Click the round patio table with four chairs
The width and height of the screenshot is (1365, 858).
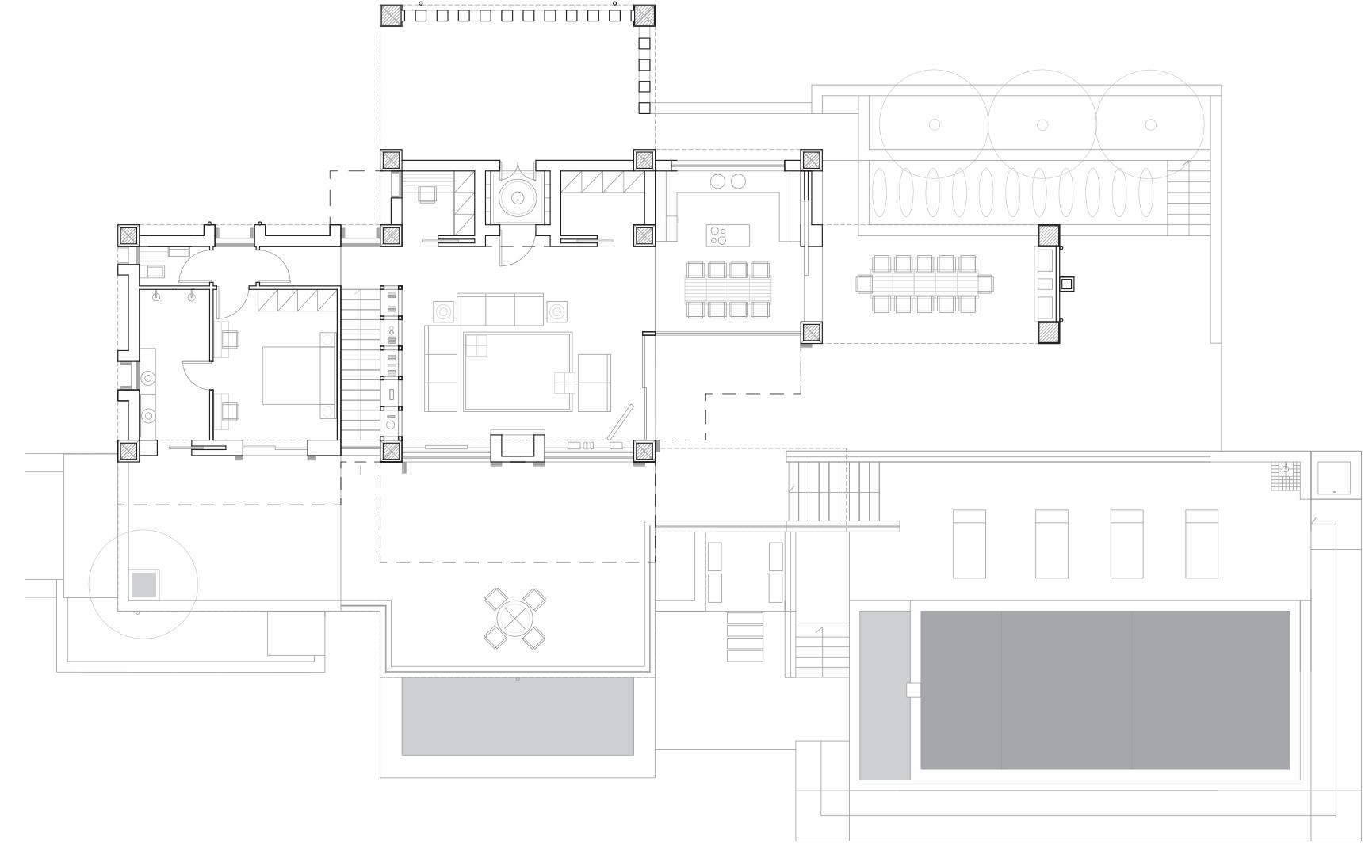coord(515,618)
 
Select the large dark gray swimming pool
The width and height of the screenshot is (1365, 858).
coord(1104,689)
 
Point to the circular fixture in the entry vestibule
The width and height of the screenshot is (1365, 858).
coord(517,198)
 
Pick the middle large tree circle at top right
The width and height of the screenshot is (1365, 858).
coord(1042,124)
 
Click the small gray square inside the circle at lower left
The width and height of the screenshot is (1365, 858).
coord(144,585)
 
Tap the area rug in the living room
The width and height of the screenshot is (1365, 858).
coord(518,372)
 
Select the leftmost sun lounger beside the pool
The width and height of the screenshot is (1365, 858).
coord(969,543)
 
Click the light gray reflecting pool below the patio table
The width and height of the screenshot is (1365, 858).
coord(518,716)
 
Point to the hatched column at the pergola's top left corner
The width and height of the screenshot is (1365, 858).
coord(391,15)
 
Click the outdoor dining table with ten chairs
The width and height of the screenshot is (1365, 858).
coord(924,283)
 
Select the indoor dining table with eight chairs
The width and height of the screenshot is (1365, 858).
coord(728,289)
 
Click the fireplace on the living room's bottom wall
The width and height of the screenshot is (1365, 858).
coord(518,448)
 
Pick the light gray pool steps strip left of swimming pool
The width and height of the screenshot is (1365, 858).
coord(885,694)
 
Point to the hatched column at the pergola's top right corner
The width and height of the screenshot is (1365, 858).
coord(644,15)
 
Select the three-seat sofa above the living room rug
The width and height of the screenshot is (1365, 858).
coord(500,308)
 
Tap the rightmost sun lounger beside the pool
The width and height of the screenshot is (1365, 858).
coord(1201,543)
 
